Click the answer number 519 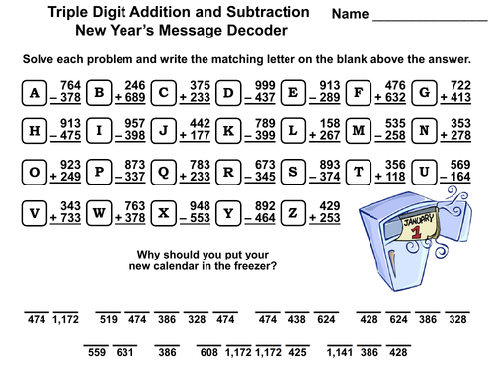click(109, 320)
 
